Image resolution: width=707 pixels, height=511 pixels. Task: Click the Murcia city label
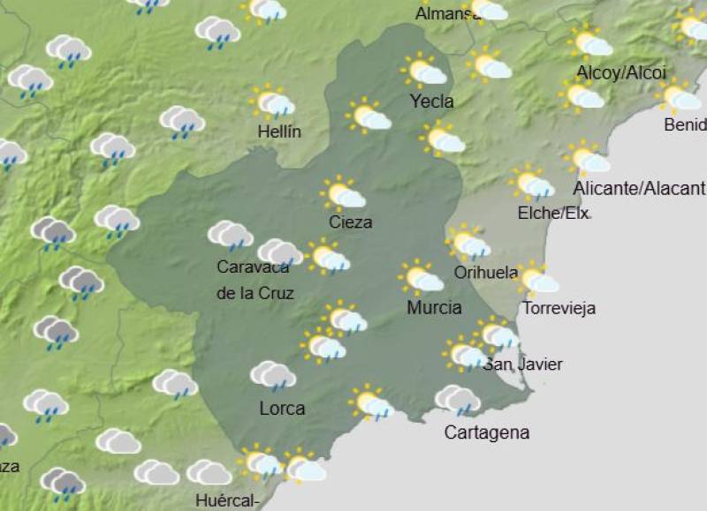click(434, 308)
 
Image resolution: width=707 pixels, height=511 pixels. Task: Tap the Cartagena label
click(486, 432)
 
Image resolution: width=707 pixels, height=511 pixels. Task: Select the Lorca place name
click(282, 409)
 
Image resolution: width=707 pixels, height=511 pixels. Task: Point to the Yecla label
click(431, 101)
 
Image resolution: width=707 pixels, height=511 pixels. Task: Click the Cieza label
click(350, 222)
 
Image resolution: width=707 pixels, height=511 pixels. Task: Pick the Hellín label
click(279, 132)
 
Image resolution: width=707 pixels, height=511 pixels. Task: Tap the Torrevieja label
click(559, 308)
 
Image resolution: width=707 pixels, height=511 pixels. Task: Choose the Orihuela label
click(485, 273)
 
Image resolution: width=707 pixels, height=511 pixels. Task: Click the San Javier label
click(522, 364)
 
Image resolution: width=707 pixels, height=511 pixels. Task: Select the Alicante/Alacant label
click(639, 189)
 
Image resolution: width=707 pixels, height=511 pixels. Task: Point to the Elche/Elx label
click(553, 214)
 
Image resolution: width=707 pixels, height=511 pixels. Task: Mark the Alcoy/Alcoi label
click(620, 72)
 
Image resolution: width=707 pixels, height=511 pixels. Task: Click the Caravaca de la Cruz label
click(255, 280)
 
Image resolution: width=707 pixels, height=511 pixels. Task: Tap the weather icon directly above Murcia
click(421, 278)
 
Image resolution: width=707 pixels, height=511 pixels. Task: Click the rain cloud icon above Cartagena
click(457, 401)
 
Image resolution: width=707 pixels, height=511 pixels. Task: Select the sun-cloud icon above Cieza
click(343, 193)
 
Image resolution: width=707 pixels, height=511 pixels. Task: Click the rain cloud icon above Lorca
click(272, 377)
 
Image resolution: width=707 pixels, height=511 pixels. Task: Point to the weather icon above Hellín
click(272, 103)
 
